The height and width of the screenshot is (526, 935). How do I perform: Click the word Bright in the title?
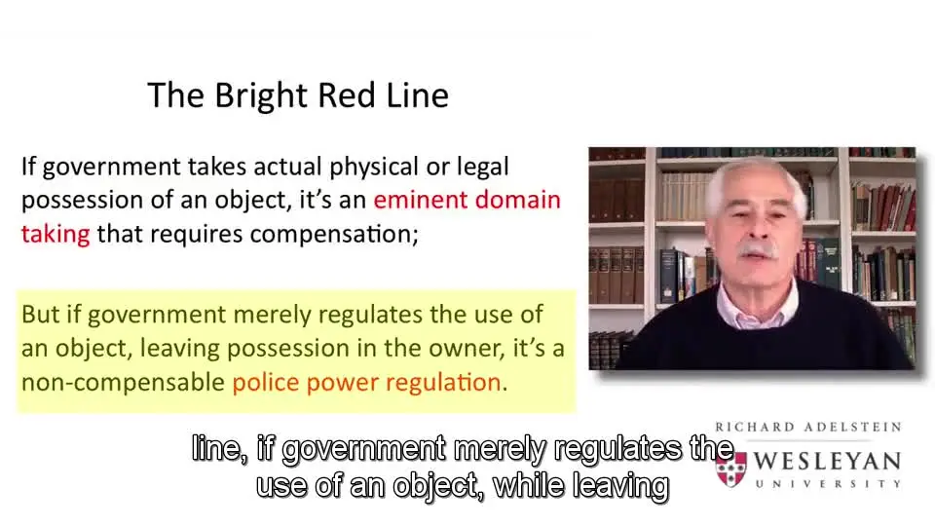coord(261,96)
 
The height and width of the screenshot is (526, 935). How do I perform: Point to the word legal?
coord(482,168)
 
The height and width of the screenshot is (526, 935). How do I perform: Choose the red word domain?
coord(518,200)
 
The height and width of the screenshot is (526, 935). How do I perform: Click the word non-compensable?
coord(123,383)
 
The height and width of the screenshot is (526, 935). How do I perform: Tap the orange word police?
coord(265,383)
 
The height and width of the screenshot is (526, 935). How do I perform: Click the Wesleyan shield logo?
coord(731,470)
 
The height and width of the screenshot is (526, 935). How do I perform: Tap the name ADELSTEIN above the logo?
coord(853,427)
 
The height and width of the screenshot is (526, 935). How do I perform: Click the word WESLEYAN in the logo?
coord(827,461)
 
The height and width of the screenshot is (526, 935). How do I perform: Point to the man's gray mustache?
coord(758,248)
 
